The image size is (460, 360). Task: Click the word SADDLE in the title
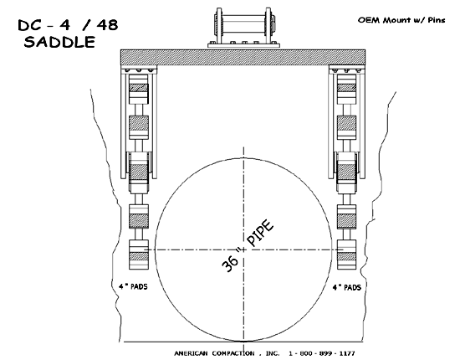(59, 42)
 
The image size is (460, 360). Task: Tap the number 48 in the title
(106, 24)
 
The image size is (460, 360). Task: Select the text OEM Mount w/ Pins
(401, 20)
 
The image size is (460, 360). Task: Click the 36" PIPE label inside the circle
(248, 246)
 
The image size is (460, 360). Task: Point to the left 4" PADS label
(133, 286)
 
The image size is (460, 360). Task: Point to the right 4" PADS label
(346, 287)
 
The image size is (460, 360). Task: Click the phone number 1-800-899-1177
(322, 353)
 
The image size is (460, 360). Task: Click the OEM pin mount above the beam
(243, 28)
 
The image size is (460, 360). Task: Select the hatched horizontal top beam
(243, 58)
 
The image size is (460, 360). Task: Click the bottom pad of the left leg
(139, 255)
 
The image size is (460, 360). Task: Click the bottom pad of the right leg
(346, 255)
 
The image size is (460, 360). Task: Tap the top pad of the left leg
(139, 90)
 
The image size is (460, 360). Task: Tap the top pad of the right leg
(346, 90)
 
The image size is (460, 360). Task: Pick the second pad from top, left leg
(139, 127)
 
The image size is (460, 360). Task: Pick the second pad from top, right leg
(346, 127)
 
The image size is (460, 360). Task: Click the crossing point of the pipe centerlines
(243, 249)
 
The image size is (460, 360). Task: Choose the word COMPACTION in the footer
(233, 353)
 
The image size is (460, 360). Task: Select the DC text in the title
(29, 25)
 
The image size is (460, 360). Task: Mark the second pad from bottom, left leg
(139, 216)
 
